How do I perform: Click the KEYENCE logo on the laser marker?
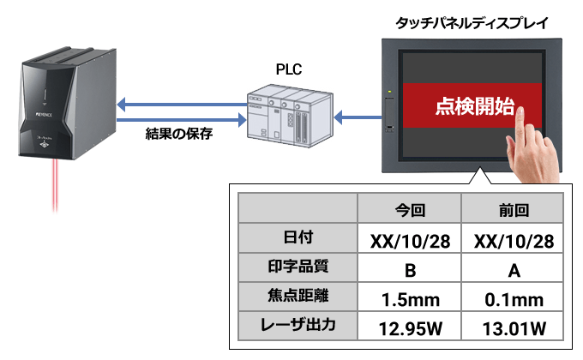coord(42,113)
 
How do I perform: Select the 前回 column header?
coord(513,208)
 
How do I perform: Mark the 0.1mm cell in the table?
coord(513,299)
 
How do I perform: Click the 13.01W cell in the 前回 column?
coord(513,328)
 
